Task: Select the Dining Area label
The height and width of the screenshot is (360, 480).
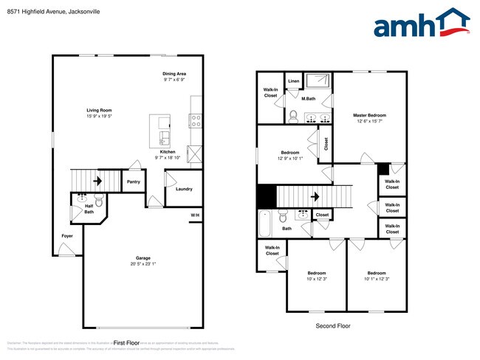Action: tap(174, 74)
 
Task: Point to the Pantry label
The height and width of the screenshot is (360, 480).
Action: tap(134, 181)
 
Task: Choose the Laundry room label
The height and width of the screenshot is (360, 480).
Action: tap(184, 189)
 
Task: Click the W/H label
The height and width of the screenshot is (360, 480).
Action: tap(195, 215)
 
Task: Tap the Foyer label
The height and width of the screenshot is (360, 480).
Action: tap(67, 236)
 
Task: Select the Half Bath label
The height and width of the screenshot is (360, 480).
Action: tap(89, 209)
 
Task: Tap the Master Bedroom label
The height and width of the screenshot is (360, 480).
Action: tap(369, 115)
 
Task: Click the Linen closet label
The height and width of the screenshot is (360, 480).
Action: tap(293, 81)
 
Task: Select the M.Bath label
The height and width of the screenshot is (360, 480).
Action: tap(309, 98)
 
